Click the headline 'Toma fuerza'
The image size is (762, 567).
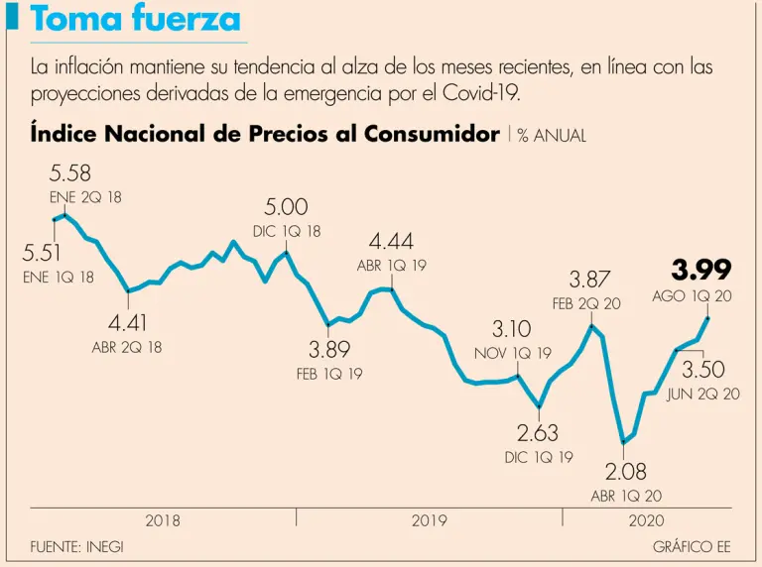point(135,19)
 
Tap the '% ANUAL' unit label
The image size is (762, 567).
point(552,136)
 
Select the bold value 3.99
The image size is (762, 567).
point(701,270)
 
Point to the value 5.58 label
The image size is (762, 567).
point(70,174)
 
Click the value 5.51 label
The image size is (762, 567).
point(43,254)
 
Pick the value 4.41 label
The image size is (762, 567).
point(127,323)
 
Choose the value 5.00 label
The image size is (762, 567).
point(286,207)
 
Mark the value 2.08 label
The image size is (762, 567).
point(626,471)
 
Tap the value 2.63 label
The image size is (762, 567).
point(538,433)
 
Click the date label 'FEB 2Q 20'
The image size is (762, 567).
point(586,303)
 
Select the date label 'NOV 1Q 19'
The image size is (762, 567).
point(512,353)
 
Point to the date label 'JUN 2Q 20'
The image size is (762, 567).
point(703,394)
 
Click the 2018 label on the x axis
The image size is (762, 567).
point(163,519)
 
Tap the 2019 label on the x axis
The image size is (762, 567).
point(429,519)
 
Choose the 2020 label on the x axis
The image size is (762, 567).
point(646,519)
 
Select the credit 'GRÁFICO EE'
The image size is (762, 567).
point(692,546)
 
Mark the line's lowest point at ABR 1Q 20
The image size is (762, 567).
point(623,442)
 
